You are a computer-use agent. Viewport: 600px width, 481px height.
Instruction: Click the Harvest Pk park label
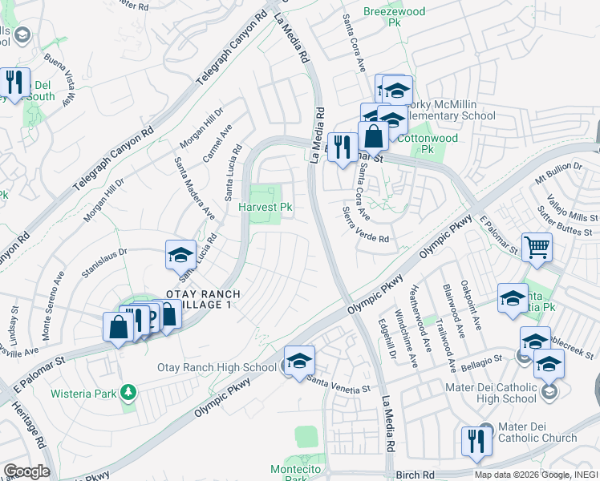click(x=266, y=207)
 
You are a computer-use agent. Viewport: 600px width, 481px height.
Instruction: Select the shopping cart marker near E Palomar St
click(x=537, y=247)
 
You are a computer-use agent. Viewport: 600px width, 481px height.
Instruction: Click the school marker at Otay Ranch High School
click(x=299, y=361)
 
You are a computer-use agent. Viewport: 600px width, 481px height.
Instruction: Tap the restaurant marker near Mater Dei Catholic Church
click(x=476, y=442)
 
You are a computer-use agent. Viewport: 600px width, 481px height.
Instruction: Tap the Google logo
click(x=26, y=471)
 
